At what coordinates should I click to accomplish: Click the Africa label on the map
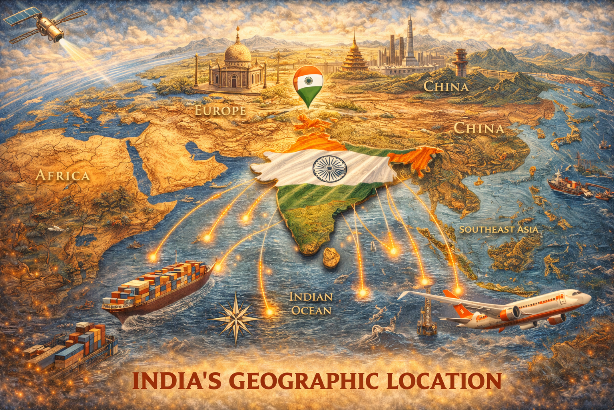(x=62, y=175)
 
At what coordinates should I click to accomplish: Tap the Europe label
(x=220, y=111)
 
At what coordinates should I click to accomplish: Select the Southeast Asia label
(x=498, y=229)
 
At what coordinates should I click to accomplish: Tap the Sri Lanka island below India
(x=331, y=257)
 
